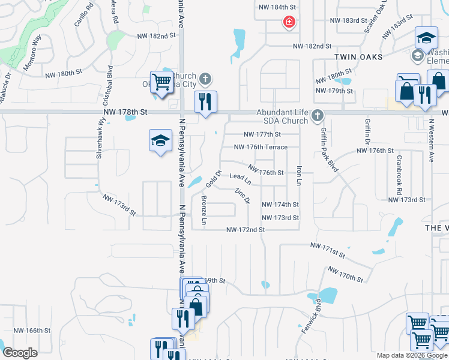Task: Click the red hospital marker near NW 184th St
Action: click(289, 23)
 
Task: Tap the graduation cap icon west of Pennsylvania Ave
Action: click(160, 141)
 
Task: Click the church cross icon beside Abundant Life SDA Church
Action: click(318, 115)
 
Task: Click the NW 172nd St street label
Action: click(246, 230)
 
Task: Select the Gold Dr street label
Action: click(214, 178)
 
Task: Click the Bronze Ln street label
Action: click(204, 211)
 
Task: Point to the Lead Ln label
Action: click(240, 178)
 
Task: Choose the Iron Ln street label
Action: click(298, 175)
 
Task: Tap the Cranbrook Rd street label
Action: click(399, 175)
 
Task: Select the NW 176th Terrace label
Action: click(261, 147)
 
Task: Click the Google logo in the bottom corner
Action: click(20, 352)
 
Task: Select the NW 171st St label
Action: click(328, 250)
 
